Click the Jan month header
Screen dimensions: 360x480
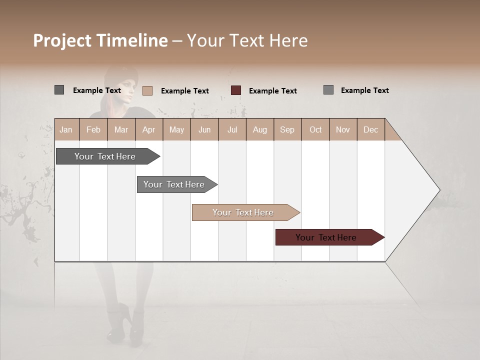coord(66,130)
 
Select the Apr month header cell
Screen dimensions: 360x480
coord(148,130)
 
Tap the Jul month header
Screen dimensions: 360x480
coord(232,130)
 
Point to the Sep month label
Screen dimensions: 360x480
coord(287,130)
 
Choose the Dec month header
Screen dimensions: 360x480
coord(370,130)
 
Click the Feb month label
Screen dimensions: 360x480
coord(93,130)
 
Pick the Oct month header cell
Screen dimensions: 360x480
coord(315,130)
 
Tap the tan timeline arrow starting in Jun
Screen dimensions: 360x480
coord(244,212)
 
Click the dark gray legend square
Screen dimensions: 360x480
coord(59,90)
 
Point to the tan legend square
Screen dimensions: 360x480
coord(147,90)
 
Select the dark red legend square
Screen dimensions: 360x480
coord(236,90)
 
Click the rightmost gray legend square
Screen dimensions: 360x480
coord(328,90)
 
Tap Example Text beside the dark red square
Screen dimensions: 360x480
coord(273,91)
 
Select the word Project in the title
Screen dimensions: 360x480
coord(62,40)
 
